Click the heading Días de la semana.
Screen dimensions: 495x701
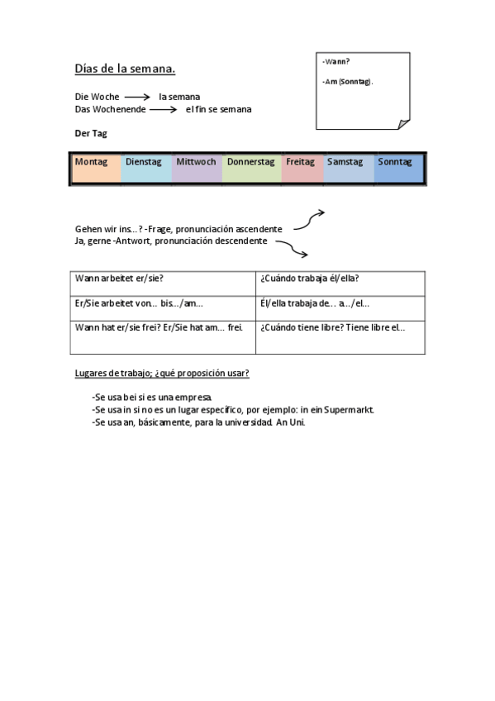[125, 69]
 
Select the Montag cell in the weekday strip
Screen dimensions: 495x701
[95, 168]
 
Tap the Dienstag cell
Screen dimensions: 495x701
[145, 168]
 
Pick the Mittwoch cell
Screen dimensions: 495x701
[197, 168]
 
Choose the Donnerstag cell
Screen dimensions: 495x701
[251, 168]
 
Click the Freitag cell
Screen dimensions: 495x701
[302, 168]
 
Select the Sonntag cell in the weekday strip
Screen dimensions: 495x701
[398, 168]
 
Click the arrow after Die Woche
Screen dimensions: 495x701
[137, 97]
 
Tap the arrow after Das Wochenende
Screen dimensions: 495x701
[164, 109]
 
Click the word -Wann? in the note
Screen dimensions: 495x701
[336, 62]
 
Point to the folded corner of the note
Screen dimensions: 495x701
[403, 124]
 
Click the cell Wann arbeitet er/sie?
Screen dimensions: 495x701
[120, 279]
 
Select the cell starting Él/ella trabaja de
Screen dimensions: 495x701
[315, 303]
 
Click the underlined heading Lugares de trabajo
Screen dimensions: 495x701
[162, 373]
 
